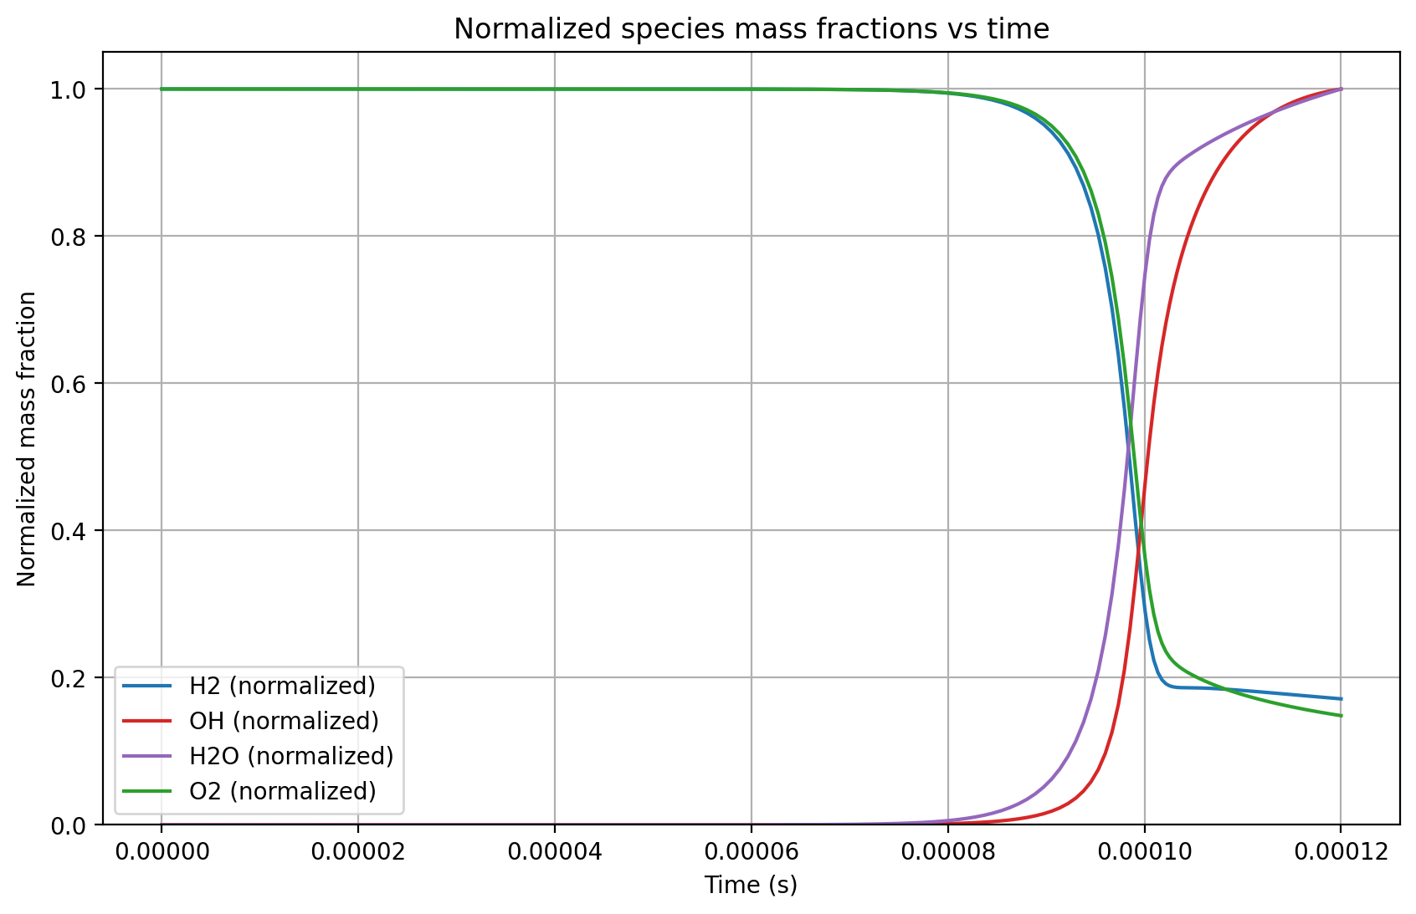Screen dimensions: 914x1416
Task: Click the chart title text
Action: [x=751, y=29]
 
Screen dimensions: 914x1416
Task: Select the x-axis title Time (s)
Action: [x=751, y=885]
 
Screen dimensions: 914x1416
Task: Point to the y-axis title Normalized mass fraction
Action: [x=27, y=439]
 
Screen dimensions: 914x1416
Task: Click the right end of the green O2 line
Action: [x=1342, y=716]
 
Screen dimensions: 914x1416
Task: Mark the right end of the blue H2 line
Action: [x=1342, y=699]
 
